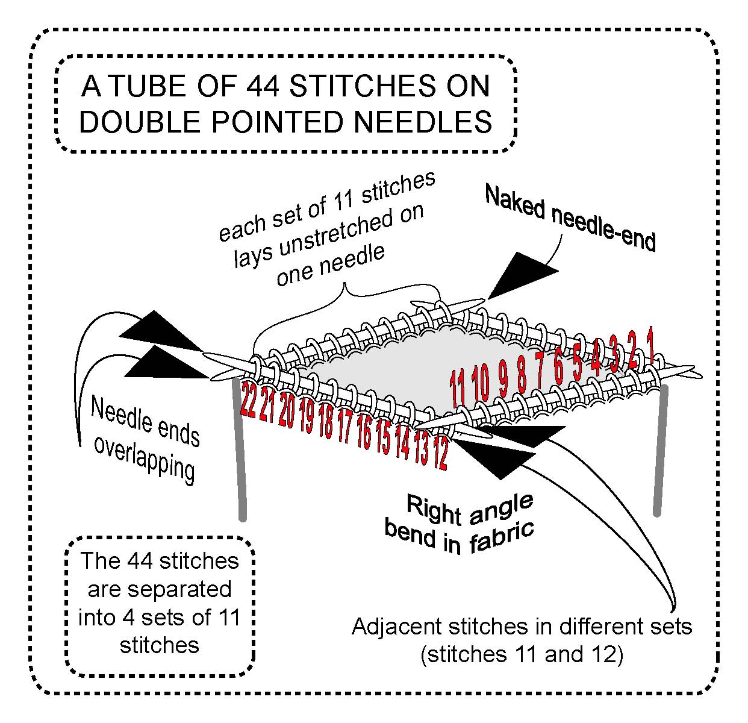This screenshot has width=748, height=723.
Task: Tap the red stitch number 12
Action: point(441,455)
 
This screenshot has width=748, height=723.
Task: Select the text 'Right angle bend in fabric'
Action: point(461,523)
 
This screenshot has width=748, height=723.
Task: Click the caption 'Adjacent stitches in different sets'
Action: point(522,627)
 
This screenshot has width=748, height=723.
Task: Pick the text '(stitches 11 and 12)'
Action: point(522,654)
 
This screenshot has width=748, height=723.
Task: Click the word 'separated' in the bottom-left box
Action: point(160,589)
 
